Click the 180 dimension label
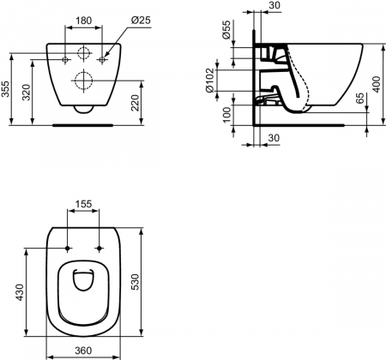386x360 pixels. tap(83, 21)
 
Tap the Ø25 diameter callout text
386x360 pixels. tap(141, 21)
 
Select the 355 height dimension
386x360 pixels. tap(6, 89)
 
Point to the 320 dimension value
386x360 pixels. tap(27, 92)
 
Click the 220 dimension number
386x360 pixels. tap(135, 103)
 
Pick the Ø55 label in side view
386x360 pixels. tap(226, 29)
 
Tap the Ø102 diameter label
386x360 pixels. tap(209, 80)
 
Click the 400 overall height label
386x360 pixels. tap(377, 84)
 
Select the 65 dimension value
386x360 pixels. tap(361, 98)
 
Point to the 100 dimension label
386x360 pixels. tap(226, 115)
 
